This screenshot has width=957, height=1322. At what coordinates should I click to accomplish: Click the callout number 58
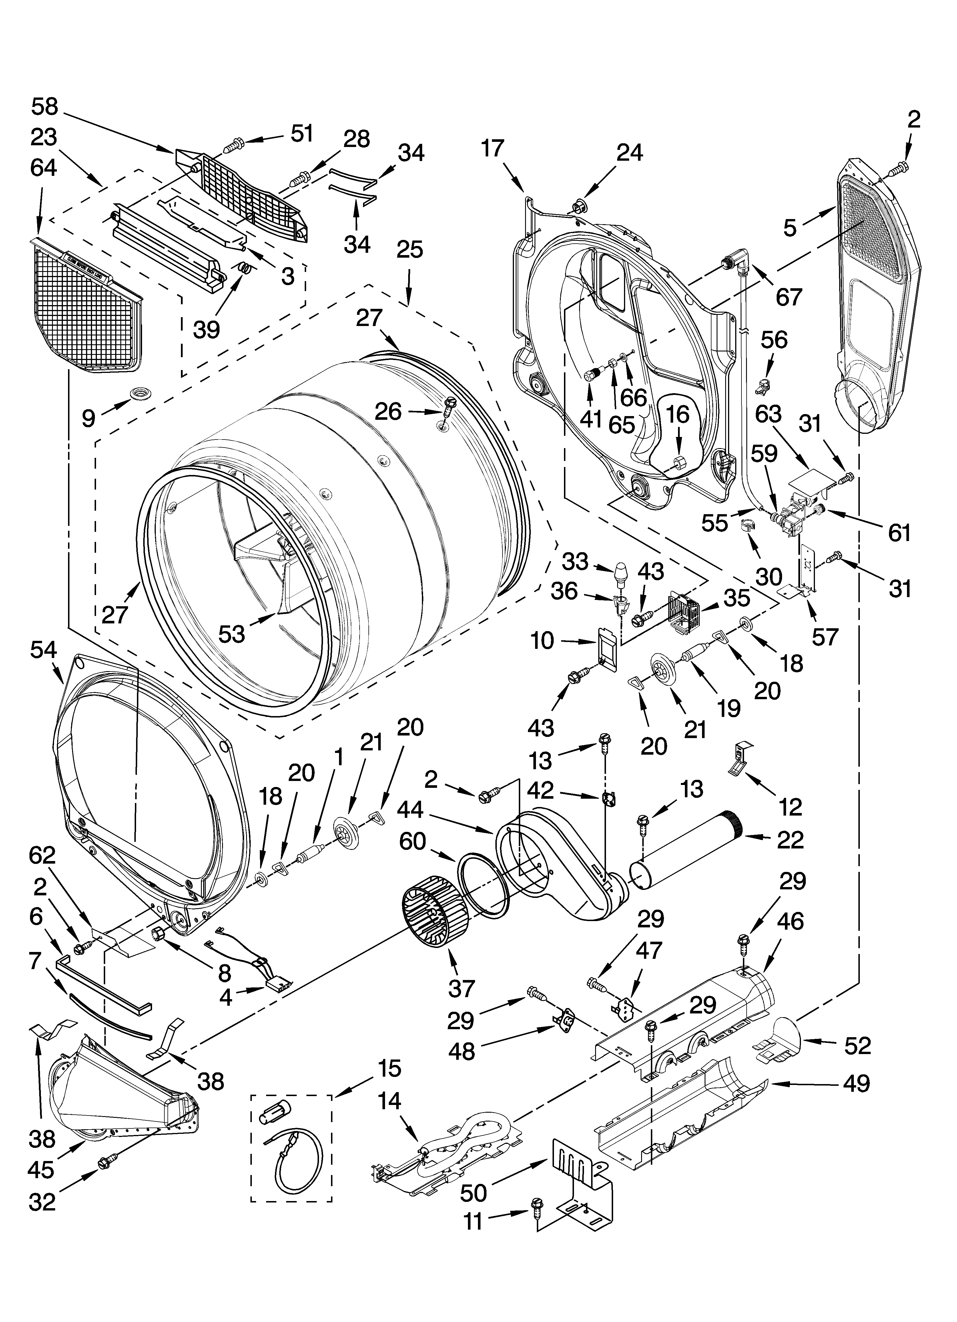tap(45, 107)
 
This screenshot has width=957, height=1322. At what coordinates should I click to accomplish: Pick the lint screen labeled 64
tap(85, 303)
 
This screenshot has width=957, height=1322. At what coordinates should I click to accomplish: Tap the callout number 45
tap(41, 1169)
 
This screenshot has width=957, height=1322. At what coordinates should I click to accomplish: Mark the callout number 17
tap(493, 148)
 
